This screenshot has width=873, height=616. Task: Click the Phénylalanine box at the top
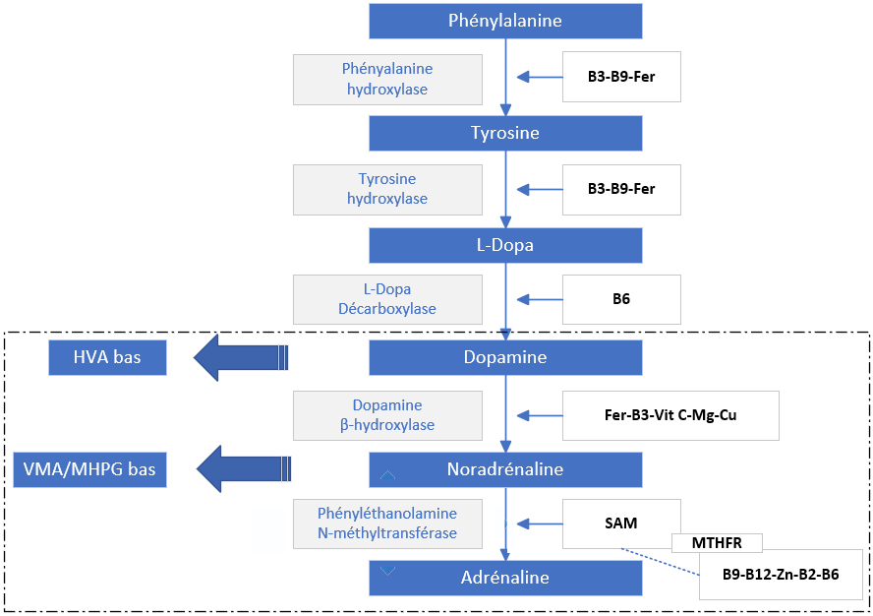pos(505,21)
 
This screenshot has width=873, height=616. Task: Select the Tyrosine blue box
pos(505,133)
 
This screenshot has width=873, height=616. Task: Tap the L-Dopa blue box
pos(505,245)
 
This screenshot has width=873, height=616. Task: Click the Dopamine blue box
pos(505,357)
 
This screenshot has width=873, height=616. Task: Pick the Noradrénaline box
pos(505,469)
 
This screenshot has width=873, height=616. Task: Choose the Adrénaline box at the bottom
pos(505,578)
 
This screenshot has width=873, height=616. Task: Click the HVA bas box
pos(107,357)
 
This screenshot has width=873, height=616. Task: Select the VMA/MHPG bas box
pos(89,469)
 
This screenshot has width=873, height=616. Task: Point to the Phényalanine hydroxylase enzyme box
pos(387,80)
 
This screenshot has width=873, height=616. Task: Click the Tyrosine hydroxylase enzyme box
pos(387,189)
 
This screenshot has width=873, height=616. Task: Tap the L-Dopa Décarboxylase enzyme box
pos(387,299)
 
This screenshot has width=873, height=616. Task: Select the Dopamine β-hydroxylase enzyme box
pos(387,414)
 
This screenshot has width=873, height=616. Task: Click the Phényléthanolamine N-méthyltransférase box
pos(387,524)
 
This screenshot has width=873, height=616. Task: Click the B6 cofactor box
pos(621,299)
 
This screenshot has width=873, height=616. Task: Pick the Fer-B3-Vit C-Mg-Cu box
pos(670,414)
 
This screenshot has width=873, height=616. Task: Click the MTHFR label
pos(717,543)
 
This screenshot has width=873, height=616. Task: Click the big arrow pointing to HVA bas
pos(241,357)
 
